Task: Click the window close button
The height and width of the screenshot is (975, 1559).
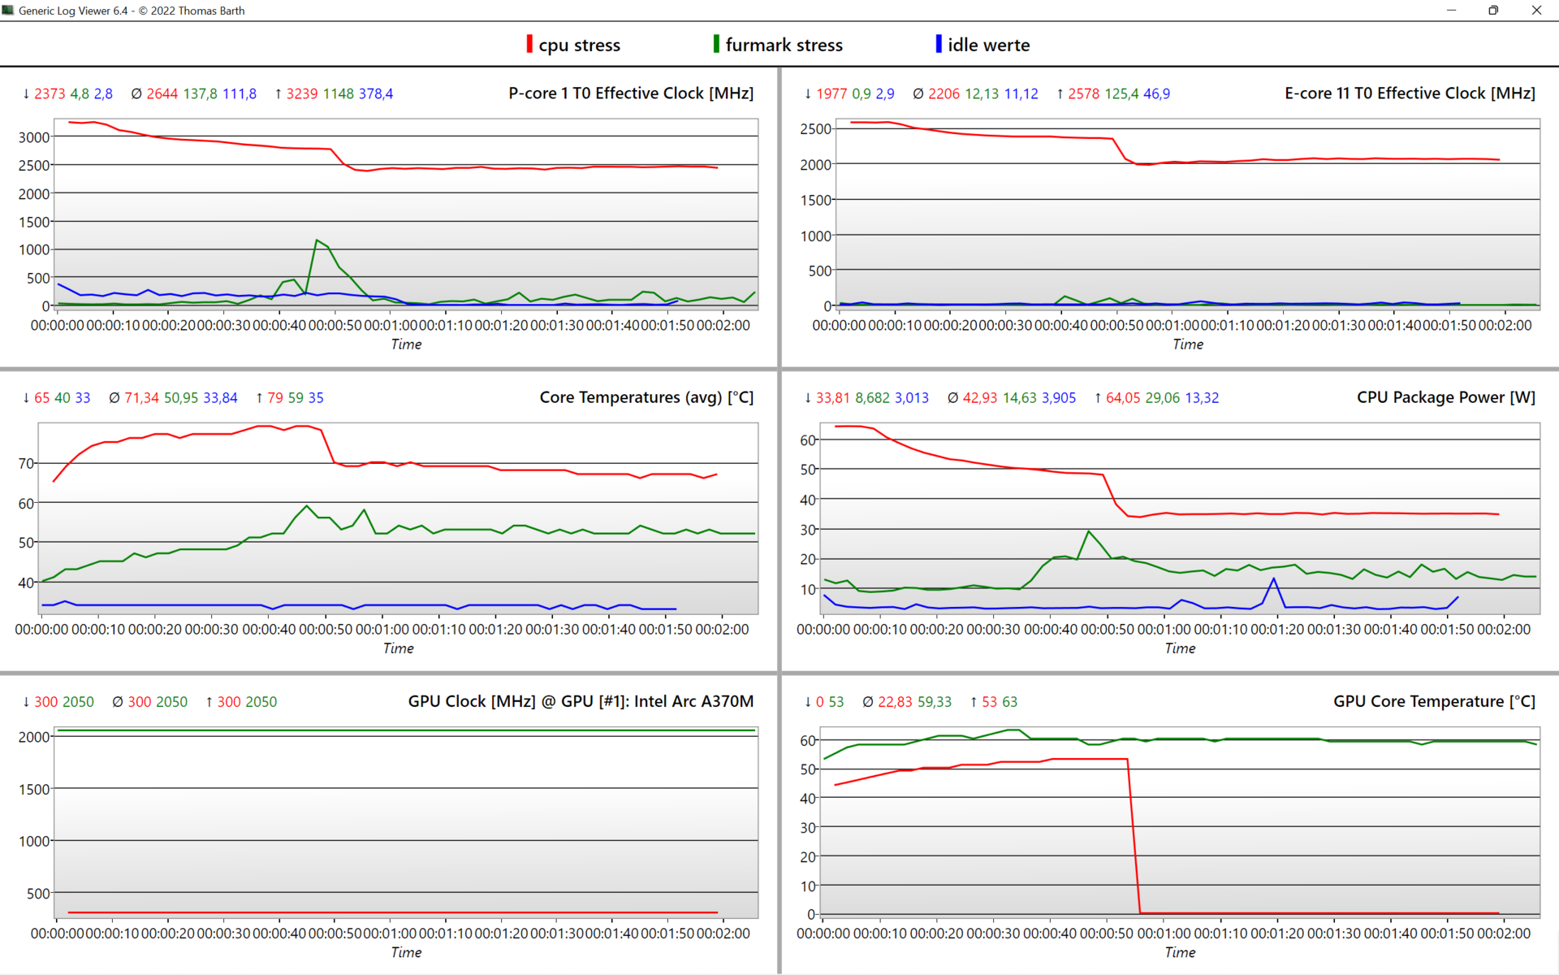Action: click(x=1536, y=11)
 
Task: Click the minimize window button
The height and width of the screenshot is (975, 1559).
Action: click(x=1451, y=11)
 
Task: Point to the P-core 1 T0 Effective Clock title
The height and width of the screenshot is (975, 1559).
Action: click(x=631, y=93)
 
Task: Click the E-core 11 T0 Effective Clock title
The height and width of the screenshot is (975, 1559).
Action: click(x=1410, y=93)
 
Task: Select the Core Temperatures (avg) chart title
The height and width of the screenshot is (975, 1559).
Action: click(x=646, y=397)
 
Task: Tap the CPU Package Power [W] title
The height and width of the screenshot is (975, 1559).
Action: click(x=1446, y=397)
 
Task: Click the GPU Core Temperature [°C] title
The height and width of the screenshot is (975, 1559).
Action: click(x=1434, y=701)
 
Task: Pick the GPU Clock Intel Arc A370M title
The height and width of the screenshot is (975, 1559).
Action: click(x=581, y=701)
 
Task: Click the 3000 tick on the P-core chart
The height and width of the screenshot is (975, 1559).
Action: click(x=34, y=137)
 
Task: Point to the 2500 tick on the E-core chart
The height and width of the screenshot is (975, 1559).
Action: click(x=815, y=129)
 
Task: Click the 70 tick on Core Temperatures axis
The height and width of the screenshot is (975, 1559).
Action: click(x=26, y=464)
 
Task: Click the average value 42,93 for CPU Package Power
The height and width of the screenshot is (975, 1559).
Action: click(x=979, y=398)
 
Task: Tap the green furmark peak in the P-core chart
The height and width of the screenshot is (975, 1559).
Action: click(x=317, y=240)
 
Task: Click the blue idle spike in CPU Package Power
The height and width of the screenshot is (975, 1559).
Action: click(x=1274, y=578)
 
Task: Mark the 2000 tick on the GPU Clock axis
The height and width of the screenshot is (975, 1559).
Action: click(x=34, y=737)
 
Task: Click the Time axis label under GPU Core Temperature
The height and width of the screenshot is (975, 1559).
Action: click(x=1180, y=952)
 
